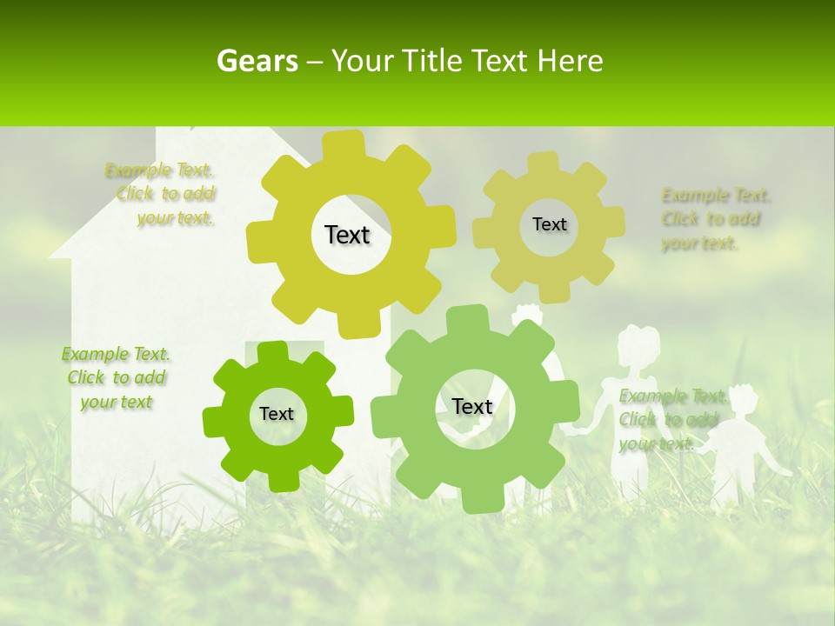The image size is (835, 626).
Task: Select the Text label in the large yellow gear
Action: pyautogui.click(x=347, y=235)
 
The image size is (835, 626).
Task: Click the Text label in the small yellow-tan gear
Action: pyautogui.click(x=549, y=224)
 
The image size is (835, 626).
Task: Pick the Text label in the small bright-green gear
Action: pyautogui.click(x=277, y=414)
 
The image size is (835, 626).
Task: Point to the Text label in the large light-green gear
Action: pyautogui.click(x=471, y=406)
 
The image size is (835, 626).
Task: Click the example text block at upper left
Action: pyautogui.click(x=161, y=194)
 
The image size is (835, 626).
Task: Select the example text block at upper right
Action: pyautogui.click(x=715, y=218)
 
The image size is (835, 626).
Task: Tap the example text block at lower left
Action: pyautogui.click(x=116, y=377)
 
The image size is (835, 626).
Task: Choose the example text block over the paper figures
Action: pyautogui.click(x=672, y=420)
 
